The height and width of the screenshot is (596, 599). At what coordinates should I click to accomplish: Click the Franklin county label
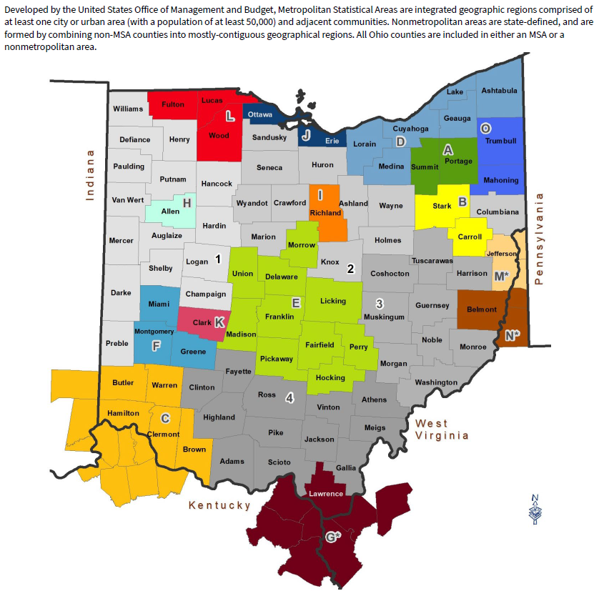(x=279, y=316)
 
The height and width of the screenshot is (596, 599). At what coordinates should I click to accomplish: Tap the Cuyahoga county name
(x=410, y=129)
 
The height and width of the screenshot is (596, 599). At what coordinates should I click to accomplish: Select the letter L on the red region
(x=229, y=116)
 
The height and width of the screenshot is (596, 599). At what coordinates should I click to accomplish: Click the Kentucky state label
(x=219, y=505)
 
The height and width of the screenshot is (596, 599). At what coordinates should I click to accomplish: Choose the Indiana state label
(x=90, y=175)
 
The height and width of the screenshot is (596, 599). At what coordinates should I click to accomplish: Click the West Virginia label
(x=442, y=429)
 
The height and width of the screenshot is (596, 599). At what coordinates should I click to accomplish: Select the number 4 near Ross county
(x=289, y=398)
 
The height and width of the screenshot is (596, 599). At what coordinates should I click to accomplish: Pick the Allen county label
(x=170, y=212)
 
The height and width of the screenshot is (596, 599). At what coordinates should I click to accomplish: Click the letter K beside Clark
(x=219, y=322)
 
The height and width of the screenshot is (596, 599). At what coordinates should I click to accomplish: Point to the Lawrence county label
(x=326, y=493)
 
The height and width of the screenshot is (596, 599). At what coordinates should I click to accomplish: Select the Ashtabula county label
(x=499, y=91)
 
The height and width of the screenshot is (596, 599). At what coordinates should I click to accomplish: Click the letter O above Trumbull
(x=485, y=128)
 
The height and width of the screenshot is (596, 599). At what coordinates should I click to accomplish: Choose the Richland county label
(x=325, y=213)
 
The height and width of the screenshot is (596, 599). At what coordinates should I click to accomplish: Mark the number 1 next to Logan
(x=218, y=259)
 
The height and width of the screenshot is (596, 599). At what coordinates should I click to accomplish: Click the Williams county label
(x=128, y=109)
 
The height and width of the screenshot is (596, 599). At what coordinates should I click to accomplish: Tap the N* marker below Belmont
(x=511, y=335)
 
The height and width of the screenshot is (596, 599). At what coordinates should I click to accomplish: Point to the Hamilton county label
(x=123, y=413)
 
